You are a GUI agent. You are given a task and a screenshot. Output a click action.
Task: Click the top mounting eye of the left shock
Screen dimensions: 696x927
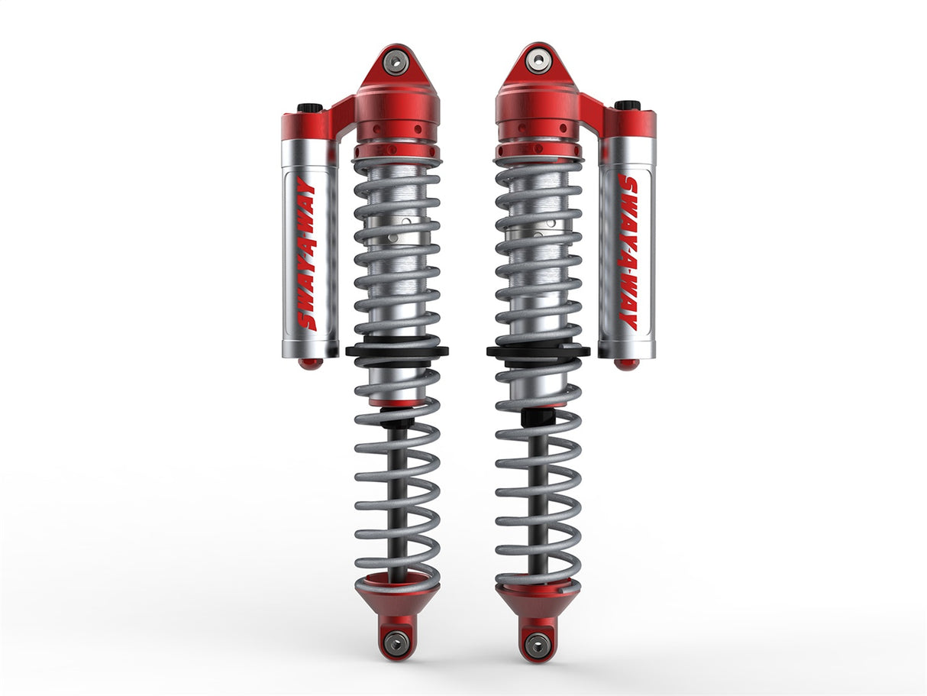click(396, 62)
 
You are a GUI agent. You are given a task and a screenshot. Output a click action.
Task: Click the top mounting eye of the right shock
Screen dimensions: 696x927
click(539, 59)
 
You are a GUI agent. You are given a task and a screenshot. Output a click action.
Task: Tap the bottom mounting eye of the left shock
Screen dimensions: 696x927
click(396, 641)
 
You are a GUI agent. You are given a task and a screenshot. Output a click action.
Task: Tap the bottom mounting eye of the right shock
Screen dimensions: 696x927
click(537, 644)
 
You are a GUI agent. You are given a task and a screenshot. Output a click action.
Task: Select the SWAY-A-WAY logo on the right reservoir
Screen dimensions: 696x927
click(628, 253)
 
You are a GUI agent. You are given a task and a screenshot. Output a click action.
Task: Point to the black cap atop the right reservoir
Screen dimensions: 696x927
click(627, 105)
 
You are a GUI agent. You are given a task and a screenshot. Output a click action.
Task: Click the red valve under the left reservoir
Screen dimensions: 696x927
click(310, 364)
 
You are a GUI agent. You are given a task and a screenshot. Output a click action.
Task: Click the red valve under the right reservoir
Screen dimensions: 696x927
click(626, 364)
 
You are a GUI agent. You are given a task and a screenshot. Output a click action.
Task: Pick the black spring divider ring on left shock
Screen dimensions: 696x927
click(396, 351)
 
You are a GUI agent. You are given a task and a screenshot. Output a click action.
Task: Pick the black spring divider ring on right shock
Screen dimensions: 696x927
click(538, 351)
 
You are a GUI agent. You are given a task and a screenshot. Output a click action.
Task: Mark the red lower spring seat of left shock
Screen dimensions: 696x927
click(396, 592)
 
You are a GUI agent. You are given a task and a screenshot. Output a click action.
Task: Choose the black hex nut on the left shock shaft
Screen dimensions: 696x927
click(396, 419)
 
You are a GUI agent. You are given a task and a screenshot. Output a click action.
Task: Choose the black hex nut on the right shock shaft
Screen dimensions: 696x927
click(537, 417)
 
